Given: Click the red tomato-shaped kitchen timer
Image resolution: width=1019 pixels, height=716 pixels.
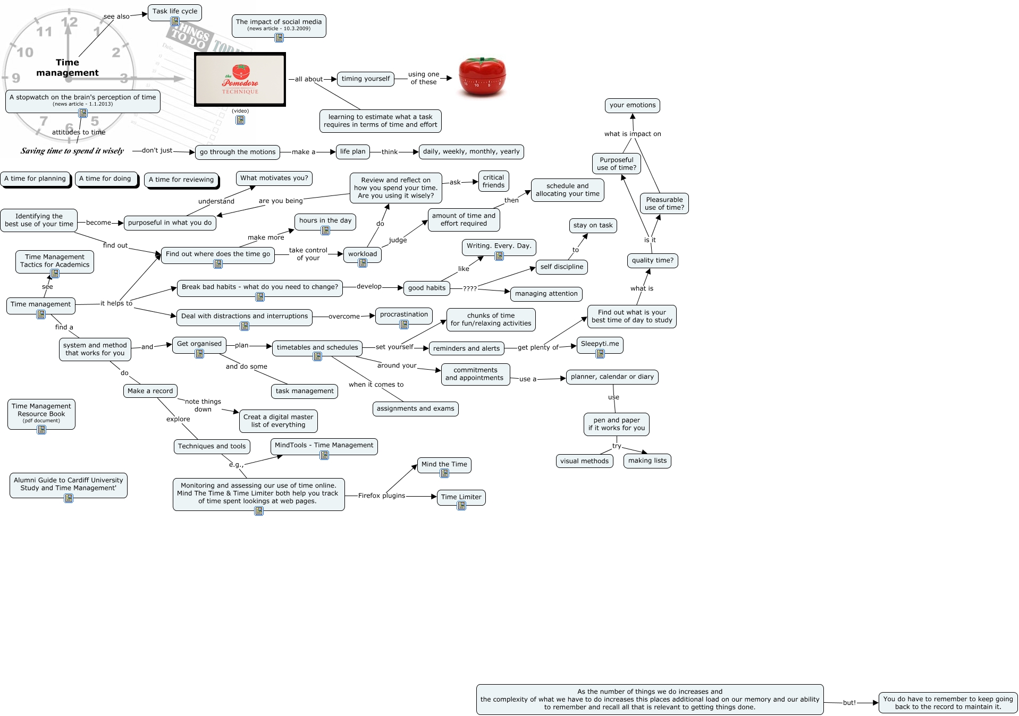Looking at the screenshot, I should tap(482, 78).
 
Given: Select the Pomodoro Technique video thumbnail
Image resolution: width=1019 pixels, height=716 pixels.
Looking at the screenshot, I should tap(240, 80).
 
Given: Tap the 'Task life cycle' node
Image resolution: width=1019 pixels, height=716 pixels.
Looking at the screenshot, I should tap(174, 11).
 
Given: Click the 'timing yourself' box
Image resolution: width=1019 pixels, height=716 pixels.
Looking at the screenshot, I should tap(365, 79).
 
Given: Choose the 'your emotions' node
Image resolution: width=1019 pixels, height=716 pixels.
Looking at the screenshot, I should tap(632, 105).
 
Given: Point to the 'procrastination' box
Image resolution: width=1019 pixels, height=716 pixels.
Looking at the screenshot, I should tap(403, 314).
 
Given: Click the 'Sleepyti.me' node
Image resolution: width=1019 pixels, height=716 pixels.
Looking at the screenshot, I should tap(600, 344).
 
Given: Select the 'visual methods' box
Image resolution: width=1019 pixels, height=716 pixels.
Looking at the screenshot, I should tap(584, 461).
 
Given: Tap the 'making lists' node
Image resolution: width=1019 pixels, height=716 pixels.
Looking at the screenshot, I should tap(647, 461).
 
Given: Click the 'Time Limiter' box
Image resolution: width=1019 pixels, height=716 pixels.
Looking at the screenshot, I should tap(461, 497).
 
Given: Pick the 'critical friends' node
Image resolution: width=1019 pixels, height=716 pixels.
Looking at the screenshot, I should tap(493, 181).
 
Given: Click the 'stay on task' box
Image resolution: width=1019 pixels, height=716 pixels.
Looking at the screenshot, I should tap(593, 225).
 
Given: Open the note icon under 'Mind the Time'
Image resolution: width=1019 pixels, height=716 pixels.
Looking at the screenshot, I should tap(444, 473).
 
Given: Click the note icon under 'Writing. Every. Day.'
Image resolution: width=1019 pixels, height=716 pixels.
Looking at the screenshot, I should tap(499, 256).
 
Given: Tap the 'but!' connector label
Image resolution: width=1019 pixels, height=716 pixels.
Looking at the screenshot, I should tap(849, 703).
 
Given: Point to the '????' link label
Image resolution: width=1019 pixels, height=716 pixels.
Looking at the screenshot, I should tap(469, 289).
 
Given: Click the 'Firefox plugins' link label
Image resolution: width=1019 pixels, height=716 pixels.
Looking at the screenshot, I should tap(381, 496).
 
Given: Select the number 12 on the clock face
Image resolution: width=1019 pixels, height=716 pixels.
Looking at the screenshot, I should tap(70, 22).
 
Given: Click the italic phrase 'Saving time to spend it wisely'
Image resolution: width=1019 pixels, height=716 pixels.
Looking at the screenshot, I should tap(72, 151).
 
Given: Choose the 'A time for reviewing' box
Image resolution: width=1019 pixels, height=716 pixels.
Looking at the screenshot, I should tap(181, 180).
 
